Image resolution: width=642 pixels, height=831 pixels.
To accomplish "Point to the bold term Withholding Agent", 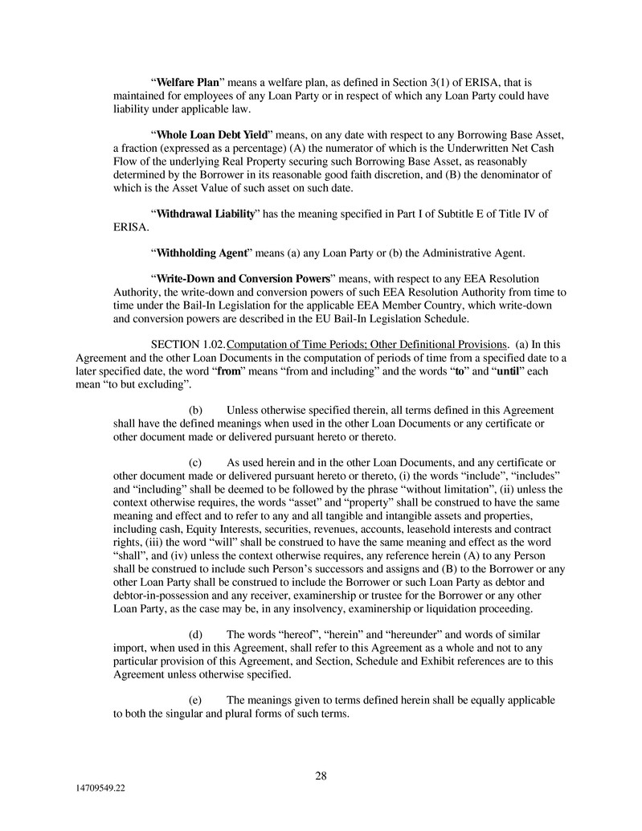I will [201, 253].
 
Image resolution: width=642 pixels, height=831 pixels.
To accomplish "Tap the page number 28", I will [321, 776].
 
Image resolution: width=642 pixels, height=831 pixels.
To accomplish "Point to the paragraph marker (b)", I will [195, 410].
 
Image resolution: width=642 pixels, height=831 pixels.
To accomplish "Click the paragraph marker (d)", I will [195, 634].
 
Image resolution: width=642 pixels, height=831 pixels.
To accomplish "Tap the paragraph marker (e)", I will [195, 700].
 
